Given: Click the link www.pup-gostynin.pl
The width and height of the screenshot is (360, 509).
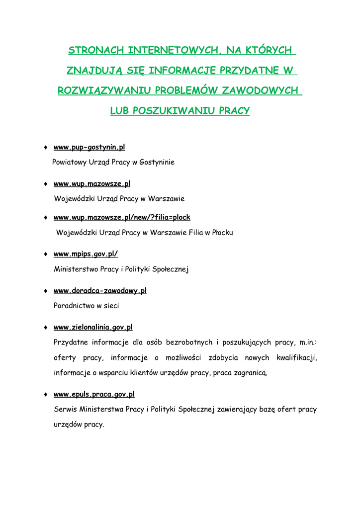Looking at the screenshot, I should coord(89,148).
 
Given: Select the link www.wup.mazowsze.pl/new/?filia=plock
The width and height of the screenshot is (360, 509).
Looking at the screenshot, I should coord(122,218).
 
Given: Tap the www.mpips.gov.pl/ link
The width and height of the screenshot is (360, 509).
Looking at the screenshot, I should coord(86,254).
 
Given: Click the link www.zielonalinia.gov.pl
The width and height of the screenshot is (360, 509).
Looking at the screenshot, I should coord(93,328).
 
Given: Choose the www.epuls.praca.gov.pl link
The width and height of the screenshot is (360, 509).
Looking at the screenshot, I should coord(94,395).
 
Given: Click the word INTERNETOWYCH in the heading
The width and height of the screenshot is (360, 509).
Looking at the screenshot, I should coord(174,50).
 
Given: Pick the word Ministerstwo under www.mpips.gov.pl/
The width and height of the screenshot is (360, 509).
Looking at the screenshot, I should coord(76,269).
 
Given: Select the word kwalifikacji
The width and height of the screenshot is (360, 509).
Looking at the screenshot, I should coord(297,358).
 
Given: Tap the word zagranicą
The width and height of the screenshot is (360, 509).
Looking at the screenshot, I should coord(251,373).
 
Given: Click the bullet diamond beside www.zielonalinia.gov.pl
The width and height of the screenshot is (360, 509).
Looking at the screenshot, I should coord(45,328).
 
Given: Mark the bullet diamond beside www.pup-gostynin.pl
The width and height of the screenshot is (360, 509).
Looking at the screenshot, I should coord(45,148).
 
